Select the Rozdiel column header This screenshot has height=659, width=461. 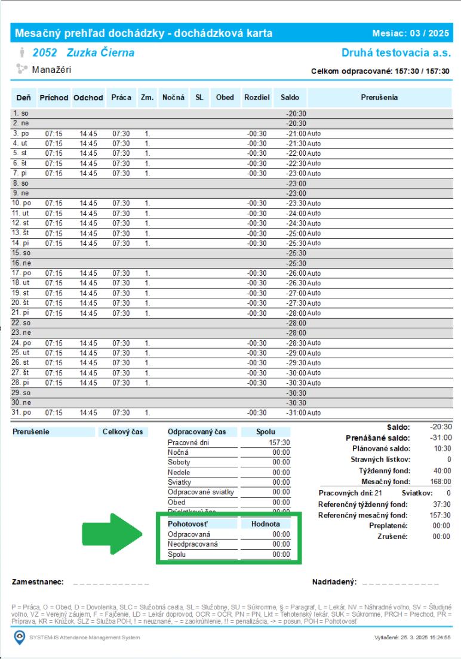257,97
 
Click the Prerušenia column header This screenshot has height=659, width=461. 379,97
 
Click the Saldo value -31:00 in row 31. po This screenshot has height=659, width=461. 296,413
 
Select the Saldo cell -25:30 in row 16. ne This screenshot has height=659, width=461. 296,263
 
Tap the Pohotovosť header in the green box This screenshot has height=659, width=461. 185,523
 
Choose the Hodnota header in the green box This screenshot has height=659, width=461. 265,523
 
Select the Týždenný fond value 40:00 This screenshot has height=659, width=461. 442,471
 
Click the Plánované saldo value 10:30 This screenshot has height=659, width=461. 442,448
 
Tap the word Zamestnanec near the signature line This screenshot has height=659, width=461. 38,581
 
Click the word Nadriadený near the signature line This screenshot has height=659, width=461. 334,581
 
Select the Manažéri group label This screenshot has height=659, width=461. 51,70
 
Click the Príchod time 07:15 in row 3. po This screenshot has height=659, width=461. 54,134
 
